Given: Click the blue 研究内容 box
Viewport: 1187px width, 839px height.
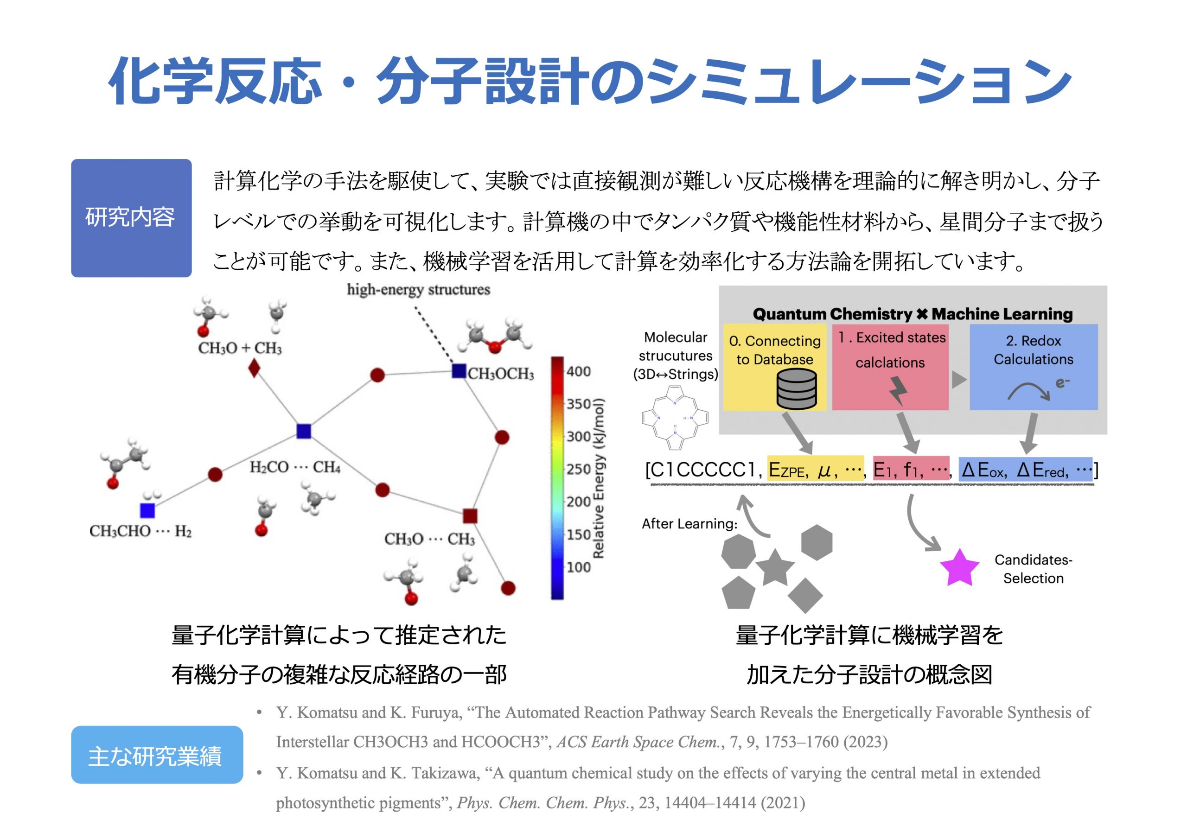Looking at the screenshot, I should [131, 218].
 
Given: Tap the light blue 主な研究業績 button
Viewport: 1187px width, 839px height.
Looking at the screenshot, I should [156, 755].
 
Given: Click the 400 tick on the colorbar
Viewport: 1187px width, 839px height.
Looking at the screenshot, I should [579, 371].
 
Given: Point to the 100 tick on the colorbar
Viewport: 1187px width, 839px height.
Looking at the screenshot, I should [579, 567].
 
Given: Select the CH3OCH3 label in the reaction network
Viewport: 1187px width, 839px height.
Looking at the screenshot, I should [500, 374].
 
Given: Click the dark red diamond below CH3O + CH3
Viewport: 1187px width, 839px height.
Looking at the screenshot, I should [254, 369].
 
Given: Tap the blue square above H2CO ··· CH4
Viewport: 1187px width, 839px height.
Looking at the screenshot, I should [303, 431].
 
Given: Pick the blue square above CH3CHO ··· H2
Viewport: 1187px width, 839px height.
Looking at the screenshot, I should [147, 510].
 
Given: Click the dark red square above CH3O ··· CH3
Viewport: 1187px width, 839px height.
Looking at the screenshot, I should [469, 515].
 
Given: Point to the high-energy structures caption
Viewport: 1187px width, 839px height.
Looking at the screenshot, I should [418, 290].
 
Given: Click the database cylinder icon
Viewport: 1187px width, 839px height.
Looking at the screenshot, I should [796, 389].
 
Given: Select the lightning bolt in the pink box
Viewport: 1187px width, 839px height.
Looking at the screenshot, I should [898, 391].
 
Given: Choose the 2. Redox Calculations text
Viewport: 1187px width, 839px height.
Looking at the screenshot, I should [1033, 350].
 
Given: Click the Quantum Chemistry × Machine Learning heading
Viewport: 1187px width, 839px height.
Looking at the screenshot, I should [913, 314].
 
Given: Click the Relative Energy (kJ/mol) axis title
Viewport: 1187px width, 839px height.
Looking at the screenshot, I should [598, 478].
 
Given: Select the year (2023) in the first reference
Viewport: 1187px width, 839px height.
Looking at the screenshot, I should [865, 742].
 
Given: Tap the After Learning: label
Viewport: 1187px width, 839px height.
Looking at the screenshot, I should [689, 524].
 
